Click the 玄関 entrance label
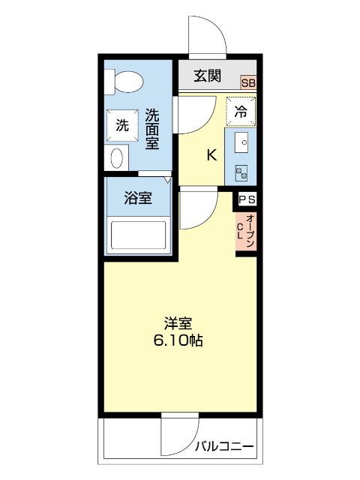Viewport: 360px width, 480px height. coord(207,75)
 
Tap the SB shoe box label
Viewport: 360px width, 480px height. coord(247,83)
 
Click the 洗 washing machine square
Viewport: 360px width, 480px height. coord(121,126)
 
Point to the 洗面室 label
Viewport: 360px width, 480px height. coord(152,129)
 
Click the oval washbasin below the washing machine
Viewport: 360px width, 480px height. coord(116,158)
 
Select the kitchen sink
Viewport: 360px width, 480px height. coord(242,142)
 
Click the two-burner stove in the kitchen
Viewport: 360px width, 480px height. coord(242,172)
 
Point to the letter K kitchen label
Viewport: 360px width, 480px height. coord(211,155)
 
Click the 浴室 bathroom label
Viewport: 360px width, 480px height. coord(138,199)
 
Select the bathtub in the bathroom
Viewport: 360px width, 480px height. coord(138,235)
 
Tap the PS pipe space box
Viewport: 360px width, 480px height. coord(247,199)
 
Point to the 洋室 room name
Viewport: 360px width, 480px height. coord(178,324)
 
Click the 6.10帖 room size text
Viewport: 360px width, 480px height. coord(178,340)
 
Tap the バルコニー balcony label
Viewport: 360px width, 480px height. coord(225,448)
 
